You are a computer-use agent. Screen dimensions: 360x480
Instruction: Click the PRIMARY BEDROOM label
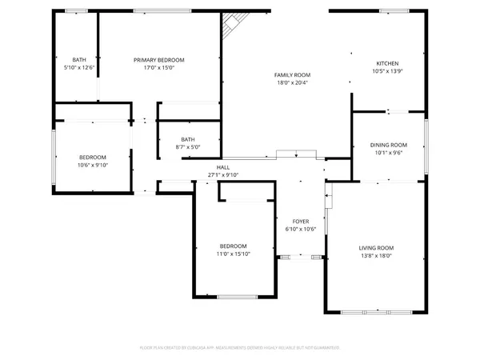(x=159, y=60)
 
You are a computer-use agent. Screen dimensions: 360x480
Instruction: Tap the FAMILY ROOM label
(x=293, y=74)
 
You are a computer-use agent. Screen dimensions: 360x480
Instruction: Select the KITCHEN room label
(x=388, y=64)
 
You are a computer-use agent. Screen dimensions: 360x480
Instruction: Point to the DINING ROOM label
(x=389, y=145)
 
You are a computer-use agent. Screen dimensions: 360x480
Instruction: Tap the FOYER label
(x=301, y=222)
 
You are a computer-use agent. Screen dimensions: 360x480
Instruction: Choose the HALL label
(x=223, y=166)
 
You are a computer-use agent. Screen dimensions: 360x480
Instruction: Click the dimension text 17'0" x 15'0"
(x=159, y=68)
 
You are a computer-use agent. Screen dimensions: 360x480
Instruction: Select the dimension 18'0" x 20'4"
(x=293, y=82)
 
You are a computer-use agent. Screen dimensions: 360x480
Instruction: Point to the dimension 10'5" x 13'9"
(x=388, y=72)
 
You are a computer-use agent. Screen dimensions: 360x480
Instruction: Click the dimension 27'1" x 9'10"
(x=223, y=174)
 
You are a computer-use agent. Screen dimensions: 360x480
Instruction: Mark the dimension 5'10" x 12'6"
(x=79, y=68)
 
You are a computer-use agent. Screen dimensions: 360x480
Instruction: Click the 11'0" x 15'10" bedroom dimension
(x=234, y=254)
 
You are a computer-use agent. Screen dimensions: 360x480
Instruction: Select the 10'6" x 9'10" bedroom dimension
(x=92, y=165)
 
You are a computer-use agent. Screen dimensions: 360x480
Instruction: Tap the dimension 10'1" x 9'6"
(x=389, y=153)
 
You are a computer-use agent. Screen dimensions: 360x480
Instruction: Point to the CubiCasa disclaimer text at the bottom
(x=240, y=348)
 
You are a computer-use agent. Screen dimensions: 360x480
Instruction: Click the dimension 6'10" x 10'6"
(x=301, y=230)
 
